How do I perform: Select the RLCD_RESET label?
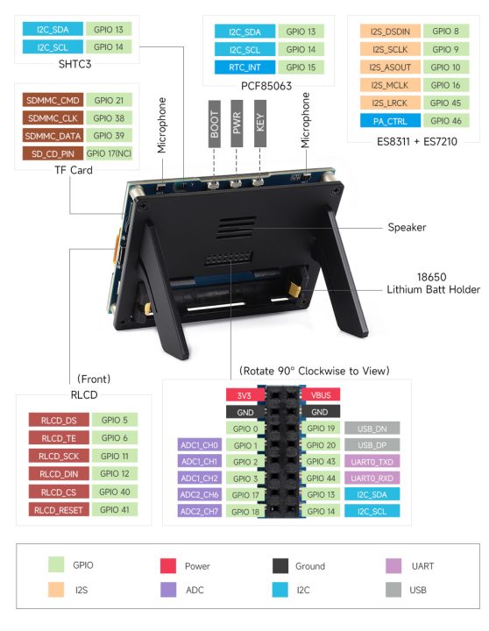pyautogui.click(x=56, y=509)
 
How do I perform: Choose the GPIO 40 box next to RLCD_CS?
pyautogui.click(x=114, y=492)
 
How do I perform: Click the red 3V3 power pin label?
pyautogui.click(x=244, y=394)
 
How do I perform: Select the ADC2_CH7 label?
pyautogui.click(x=198, y=512)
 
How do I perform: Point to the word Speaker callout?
pyautogui.click(x=407, y=228)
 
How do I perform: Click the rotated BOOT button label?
pyautogui.click(x=215, y=130)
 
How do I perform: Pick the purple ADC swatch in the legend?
pyautogui.click(x=171, y=590)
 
